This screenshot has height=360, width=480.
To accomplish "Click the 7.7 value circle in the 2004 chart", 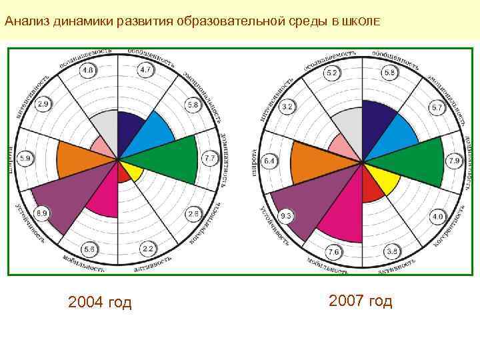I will [x=209, y=159].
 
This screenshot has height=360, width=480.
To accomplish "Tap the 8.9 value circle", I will [x=41, y=213].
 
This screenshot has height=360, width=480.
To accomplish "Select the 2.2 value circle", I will [x=147, y=249].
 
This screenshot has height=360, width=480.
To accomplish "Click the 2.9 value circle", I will [x=43, y=105].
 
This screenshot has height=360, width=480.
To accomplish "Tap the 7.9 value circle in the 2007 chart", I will [x=453, y=161].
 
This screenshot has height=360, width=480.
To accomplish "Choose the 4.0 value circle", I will [x=437, y=217].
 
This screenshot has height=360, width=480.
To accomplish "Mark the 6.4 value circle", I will [x=269, y=161].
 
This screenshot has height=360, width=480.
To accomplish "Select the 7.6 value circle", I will [x=333, y=251].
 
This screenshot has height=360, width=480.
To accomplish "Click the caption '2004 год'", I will [x=100, y=303].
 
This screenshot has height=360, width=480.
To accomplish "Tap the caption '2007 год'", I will [x=361, y=301].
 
